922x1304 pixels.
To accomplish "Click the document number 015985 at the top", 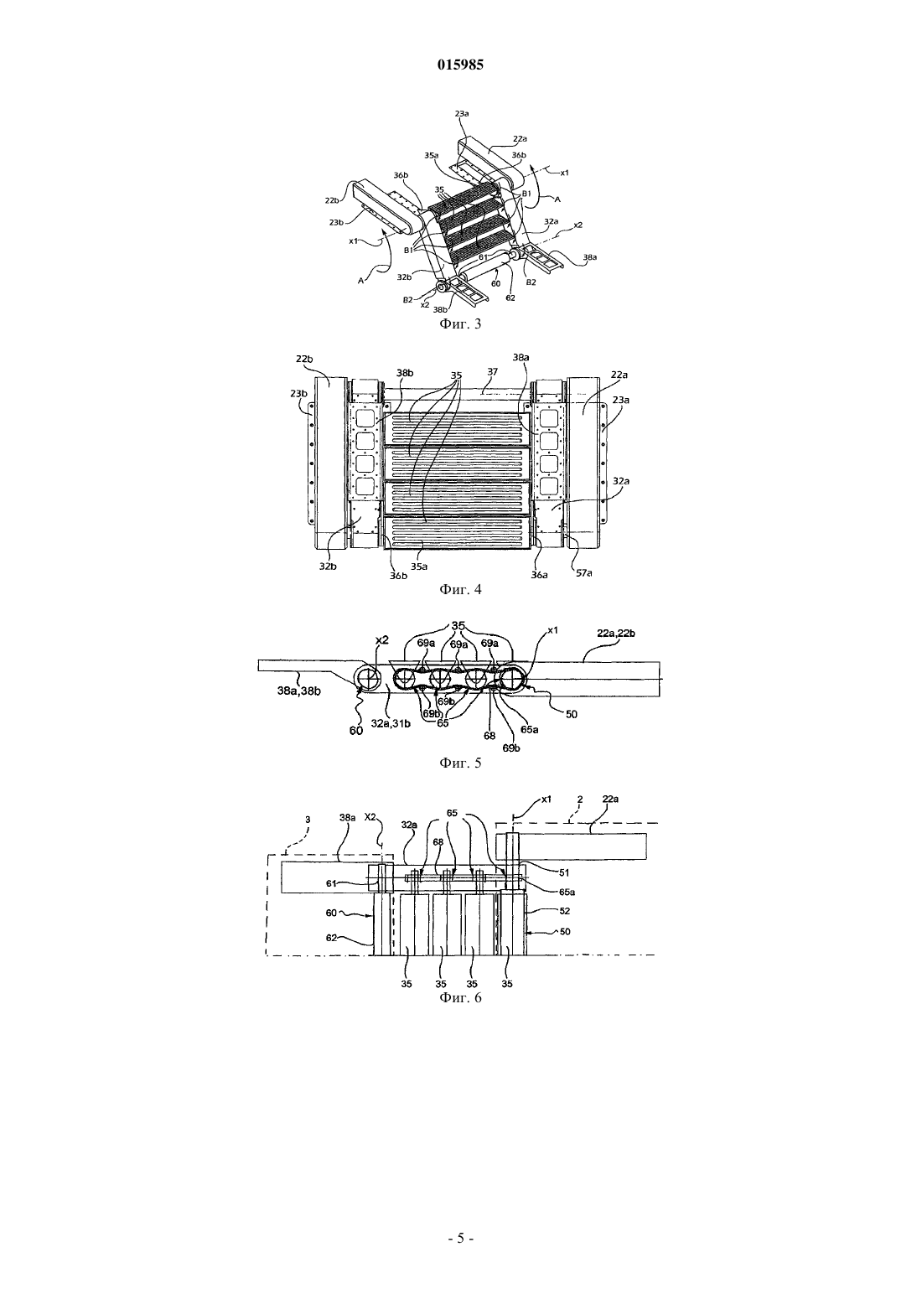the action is point(460,65).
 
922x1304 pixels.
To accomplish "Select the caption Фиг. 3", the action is point(460,323).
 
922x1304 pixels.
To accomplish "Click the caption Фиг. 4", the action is point(460,589).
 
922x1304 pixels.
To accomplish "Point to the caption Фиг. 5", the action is point(460,763).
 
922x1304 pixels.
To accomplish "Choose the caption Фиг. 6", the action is point(460,998).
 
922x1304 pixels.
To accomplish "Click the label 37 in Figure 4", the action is point(493,371).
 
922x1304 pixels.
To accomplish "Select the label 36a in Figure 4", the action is point(540,575).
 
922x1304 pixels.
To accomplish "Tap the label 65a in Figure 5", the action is point(529,729).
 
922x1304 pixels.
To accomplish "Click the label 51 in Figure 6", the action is point(564,872).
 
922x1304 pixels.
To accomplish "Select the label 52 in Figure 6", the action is point(564,911).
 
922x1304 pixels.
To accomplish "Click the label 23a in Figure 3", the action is point(462,114).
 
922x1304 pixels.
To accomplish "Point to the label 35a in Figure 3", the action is point(432,155).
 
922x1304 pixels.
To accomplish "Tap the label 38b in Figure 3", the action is point(440,309).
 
